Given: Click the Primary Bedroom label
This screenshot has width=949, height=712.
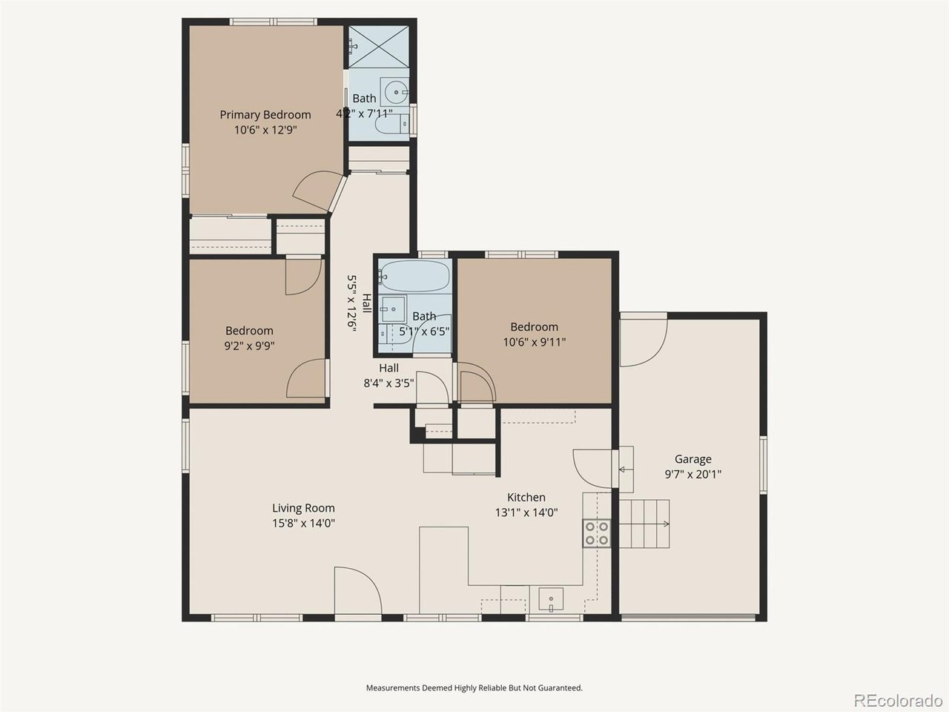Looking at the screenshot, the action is click(x=265, y=115).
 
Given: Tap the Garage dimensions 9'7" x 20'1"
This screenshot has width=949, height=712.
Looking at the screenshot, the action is click(x=692, y=474).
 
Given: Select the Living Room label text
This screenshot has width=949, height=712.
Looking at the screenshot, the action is click(x=303, y=508).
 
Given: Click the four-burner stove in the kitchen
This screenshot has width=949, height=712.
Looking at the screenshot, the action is click(x=597, y=533).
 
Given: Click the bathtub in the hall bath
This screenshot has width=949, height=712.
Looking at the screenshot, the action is click(x=414, y=276).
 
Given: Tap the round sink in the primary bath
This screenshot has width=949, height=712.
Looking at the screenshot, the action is click(x=396, y=93).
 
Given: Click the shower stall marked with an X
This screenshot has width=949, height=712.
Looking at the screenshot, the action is click(x=379, y=47).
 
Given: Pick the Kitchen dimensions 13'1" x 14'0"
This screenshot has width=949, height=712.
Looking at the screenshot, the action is click(x=526, y=512).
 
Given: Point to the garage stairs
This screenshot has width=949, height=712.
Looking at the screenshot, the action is click(x=644, y=524).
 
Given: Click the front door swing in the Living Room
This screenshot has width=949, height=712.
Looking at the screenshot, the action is click(x=358, y=591).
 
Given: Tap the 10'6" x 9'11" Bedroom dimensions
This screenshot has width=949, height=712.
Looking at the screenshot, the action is click(x=535, y=342).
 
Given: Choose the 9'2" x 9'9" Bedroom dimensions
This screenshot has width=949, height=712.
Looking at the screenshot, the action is click(x=249, y=346).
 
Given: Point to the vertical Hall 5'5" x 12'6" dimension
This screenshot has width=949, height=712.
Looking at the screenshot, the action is click(x=352, y=303).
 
